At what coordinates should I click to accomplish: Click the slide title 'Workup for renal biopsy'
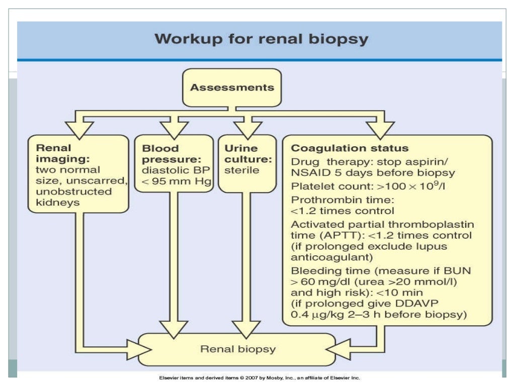click(261, 39)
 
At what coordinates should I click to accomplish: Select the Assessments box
click(232, 87)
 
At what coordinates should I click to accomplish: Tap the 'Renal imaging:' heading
click(54, 153)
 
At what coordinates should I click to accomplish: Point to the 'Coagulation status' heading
click(350, 148)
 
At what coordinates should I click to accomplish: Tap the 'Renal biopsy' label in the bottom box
click(238, 348)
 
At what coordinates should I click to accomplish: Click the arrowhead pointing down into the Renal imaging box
click(79, 130)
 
